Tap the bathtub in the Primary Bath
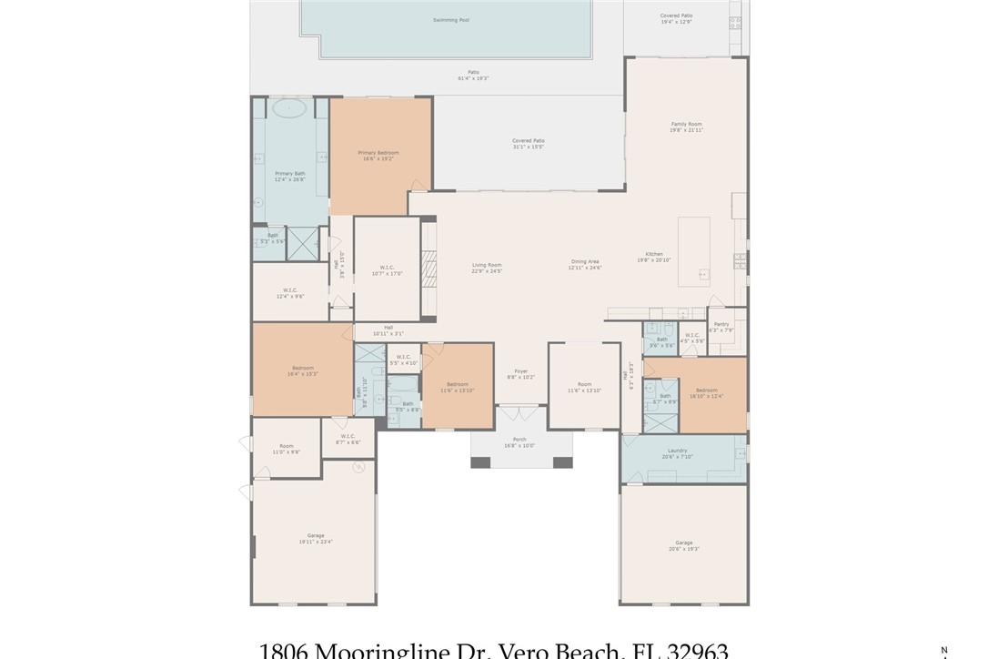pos(289,107)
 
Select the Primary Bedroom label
pos(378,153)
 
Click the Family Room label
pos(686,124)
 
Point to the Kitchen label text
pos(654,254)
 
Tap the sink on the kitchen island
pos(703,272)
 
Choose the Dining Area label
pos(585,261)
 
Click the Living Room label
pos(487,265)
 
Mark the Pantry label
pos(721,324)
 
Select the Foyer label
pos(520,370)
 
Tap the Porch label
pos(519,440)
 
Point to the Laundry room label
pos(677,450)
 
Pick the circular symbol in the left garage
pos(358,467)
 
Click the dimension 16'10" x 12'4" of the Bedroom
pos(706,396)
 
